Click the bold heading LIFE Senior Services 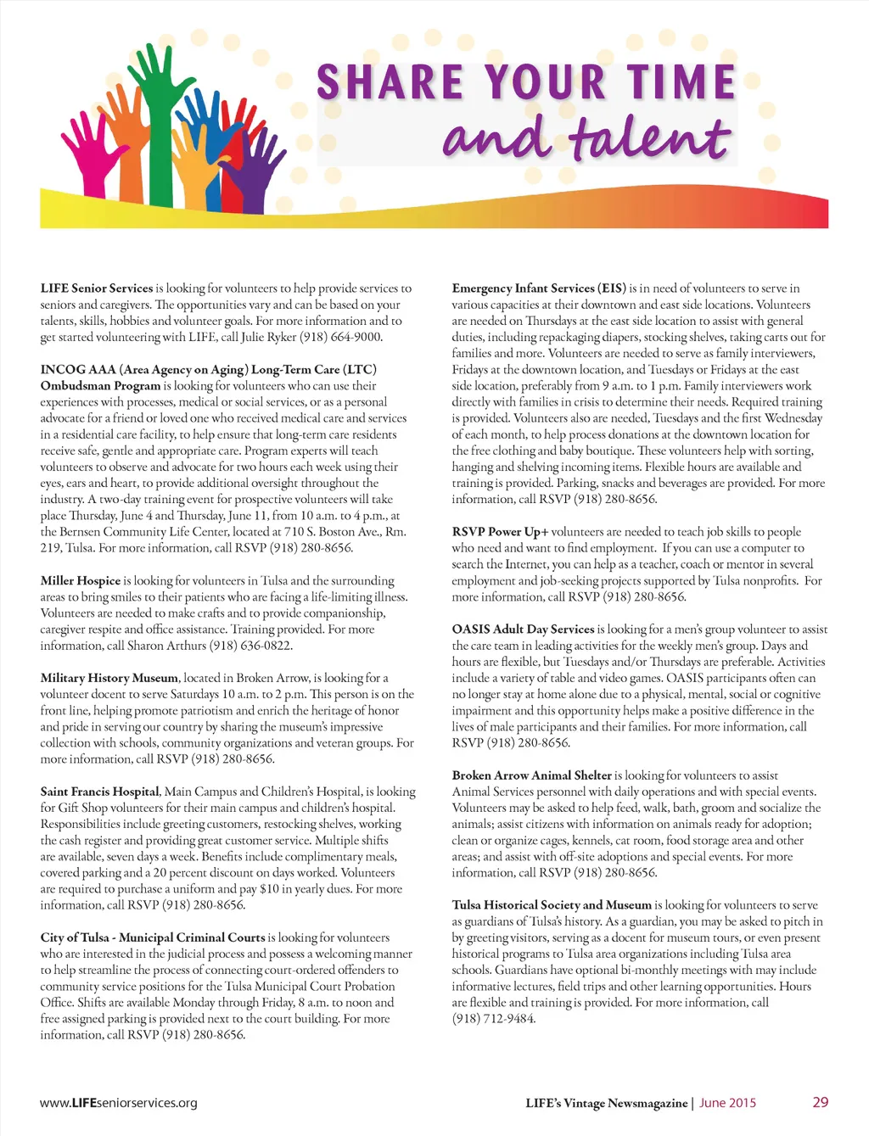point(97,288)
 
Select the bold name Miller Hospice point(81,581)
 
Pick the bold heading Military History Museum point(109,678)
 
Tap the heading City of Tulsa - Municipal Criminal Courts point(153,937)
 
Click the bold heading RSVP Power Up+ point(500,532)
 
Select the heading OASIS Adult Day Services point(523,630)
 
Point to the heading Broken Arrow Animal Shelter point(531,775)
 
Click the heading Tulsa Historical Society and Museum point(552,905)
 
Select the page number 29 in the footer point(820,1102)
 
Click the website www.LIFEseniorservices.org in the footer point(119,1103)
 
